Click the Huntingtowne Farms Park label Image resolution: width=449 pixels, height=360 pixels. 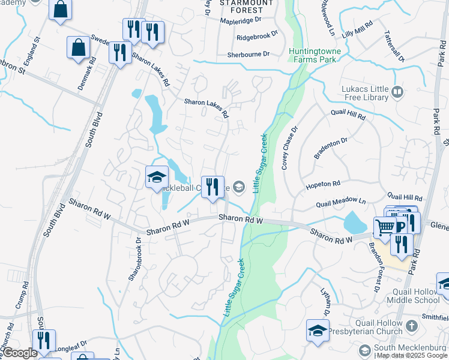coord(315,56)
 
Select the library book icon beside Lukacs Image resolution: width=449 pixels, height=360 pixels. coord(397,92)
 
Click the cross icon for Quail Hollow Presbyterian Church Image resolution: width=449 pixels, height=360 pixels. coord(411,326)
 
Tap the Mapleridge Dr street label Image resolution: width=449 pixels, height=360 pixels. coord(240,20)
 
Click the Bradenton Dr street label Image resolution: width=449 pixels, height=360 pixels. coord(331,149)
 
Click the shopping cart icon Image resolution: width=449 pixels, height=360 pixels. coord(384,226)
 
